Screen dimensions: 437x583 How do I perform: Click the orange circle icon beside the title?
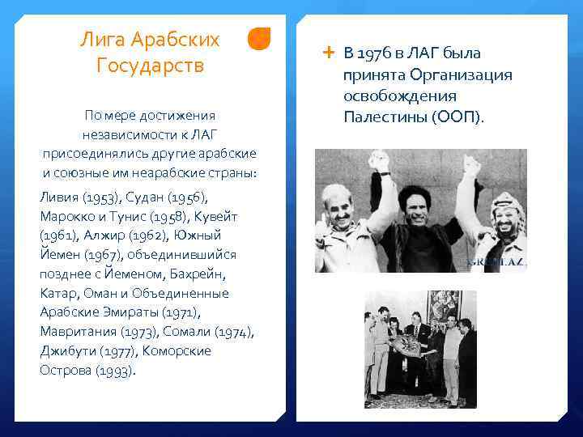coord(259,38)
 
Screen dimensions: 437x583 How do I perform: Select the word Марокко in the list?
coord(66,216)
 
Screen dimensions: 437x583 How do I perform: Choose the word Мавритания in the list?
coord(78,332)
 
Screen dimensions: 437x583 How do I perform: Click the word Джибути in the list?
coord(66,351)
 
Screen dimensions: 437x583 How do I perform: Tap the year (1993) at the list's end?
coord(116,371)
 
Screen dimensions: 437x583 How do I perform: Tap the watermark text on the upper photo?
coord(495,261)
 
